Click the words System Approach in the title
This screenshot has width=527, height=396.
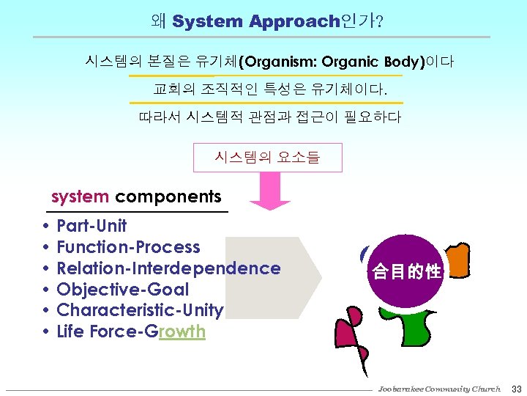click(256, 21)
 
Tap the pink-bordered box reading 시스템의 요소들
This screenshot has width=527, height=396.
click(267, 157)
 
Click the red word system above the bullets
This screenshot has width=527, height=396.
click(81, 197)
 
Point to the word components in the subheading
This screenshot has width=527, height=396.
click(168, 197)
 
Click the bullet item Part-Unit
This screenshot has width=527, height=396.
click(91, 226)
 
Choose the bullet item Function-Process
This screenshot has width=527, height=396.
click(128, 247)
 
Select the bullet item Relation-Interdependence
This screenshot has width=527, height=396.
click(168, 268)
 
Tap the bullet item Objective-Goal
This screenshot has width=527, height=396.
click(122, 290)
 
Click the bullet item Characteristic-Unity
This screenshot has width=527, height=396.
click(140, 311)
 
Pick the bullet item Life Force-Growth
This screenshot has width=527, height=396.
click(131, 332)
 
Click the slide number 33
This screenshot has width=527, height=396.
click(515, 389)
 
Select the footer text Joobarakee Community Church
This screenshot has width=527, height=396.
click(439, 389)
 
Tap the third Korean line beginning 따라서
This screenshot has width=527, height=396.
click(269, 117)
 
